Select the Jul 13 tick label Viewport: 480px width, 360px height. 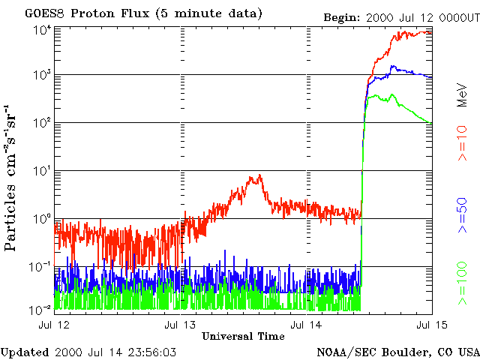(181, 325)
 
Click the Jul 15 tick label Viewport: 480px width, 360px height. (431, 325)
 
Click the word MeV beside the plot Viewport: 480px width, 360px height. (463, 93)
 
